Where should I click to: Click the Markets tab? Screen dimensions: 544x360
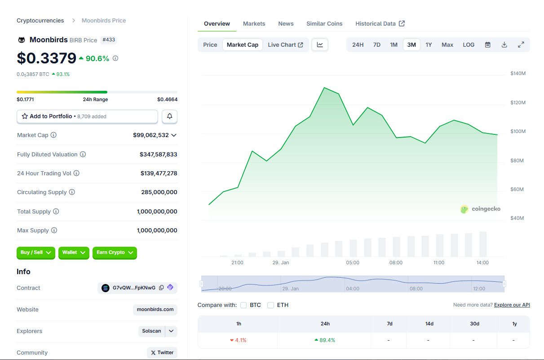254,23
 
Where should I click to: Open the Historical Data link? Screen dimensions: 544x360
380,23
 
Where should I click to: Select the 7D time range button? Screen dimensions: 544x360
377,44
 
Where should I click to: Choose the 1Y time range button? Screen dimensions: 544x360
429,44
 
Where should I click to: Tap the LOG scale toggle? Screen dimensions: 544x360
469,44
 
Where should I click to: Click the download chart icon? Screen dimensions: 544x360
504,44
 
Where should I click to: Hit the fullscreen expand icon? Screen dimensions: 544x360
521,44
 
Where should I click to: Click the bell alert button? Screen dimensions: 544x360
169,116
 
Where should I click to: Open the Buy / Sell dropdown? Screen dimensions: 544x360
35,253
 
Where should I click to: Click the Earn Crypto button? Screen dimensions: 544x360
115,253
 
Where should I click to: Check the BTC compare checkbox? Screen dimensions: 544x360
243,305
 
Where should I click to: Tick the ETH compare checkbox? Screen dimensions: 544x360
270,305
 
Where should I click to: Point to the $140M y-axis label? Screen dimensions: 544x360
518,73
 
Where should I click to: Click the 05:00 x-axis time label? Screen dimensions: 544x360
353,262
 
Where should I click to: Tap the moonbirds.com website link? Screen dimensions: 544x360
155,310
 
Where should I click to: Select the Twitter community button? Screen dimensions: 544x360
162,352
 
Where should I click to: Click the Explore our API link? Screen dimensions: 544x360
512,305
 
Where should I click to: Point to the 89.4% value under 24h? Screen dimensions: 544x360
325,340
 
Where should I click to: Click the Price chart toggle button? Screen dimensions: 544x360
210,44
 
